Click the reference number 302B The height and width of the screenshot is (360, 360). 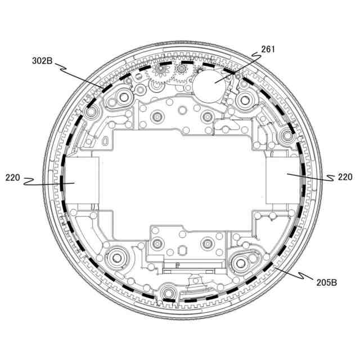click(42, 61)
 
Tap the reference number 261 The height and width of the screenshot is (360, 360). click(268, 49)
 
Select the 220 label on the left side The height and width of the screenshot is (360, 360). click(12, 178)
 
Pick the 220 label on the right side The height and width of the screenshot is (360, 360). click(345, 177)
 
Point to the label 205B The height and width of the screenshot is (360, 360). click(326, 282)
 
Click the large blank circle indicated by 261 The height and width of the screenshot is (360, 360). click(209, 86)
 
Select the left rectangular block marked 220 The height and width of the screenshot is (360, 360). click(82, 180)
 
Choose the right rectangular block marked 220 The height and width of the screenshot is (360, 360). click(283, 181)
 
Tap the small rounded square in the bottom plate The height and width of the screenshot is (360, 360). click(182, 250)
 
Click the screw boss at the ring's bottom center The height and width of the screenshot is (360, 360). click(169, 292)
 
